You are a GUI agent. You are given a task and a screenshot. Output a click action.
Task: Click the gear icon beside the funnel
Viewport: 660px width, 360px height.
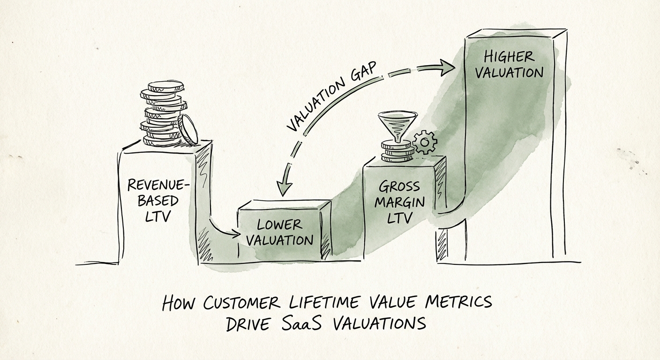[425, 142]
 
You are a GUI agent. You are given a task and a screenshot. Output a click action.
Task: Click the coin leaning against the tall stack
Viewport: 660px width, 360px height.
[188, 130]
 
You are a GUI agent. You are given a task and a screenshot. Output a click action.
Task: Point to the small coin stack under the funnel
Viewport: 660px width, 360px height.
[397, 151]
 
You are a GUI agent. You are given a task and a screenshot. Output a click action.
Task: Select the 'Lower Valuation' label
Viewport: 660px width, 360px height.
[280, 232]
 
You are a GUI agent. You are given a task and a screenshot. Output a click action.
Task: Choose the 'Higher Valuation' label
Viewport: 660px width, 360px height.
[513, 65]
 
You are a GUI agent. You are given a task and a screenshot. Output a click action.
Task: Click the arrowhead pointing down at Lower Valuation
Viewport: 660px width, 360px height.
[285, 188]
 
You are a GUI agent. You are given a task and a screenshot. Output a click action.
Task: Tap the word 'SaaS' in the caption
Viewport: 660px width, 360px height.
[302, 323]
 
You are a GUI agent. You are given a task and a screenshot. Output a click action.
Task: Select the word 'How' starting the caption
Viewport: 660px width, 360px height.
[180, 304]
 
